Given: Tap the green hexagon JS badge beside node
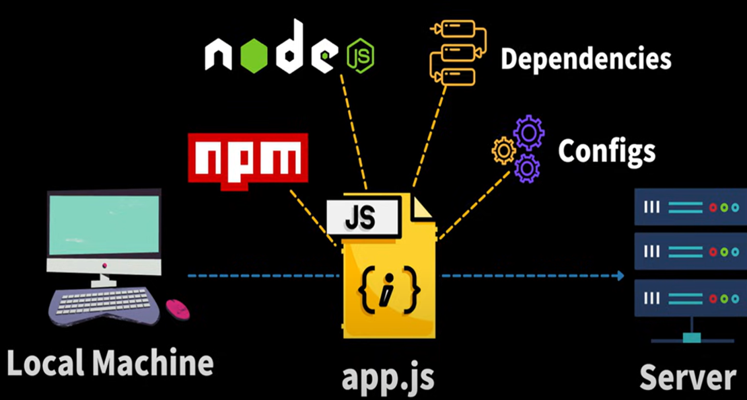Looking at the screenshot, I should [x=360, y=56].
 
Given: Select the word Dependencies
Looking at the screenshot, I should [x=585, y=58].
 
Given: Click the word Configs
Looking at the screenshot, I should [x=606, y=151].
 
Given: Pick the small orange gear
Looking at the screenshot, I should [x=503, y=151].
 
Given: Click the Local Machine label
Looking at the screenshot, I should [x=110, y=363].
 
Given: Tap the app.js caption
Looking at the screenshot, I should [x=388, y=377].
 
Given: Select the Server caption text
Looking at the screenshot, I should [x=687, y=377].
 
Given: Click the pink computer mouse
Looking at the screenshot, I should [x=178, y=309].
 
